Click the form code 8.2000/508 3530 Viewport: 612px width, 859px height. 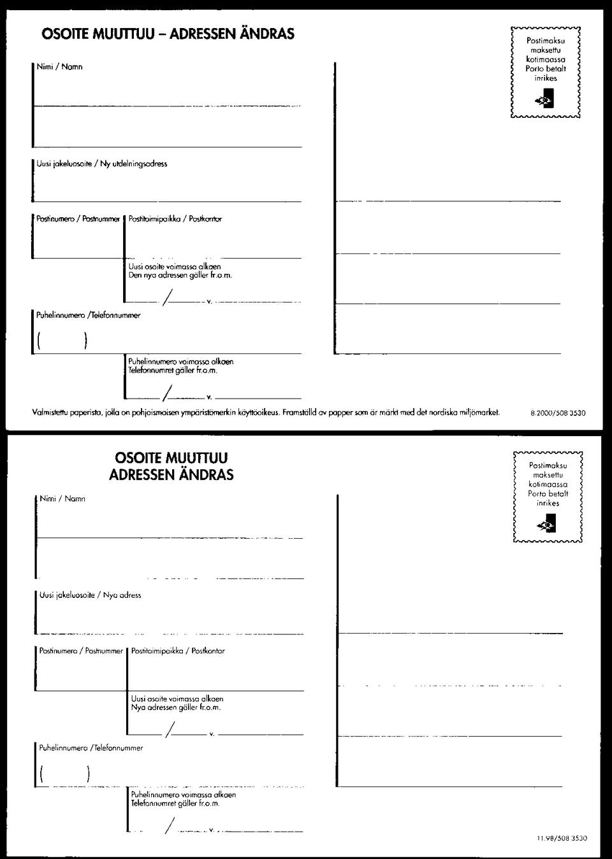point(558,413)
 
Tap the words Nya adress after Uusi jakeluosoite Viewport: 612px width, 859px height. point(122,595)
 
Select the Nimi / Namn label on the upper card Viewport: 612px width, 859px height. point(59,67)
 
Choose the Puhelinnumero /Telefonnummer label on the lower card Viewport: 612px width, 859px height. point(91,748)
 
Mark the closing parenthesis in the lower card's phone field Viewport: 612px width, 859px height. point(87,774)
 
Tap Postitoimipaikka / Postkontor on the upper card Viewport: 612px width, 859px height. point(175,219)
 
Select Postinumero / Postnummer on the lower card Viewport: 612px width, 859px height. point(81,651)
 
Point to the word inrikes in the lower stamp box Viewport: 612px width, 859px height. point(548,503)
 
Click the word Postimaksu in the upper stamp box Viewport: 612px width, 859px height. point(545,40)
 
